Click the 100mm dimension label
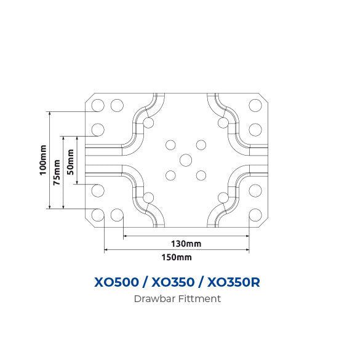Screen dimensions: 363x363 coord(43,160)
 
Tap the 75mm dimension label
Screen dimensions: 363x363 coord(57,172)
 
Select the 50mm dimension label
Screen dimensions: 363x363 coord(70,162)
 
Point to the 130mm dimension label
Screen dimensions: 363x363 coord(186,244)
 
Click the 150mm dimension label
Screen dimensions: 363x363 coord(177,257)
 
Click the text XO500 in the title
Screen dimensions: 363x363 coord(116,282)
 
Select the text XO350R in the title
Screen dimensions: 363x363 coord(233,282)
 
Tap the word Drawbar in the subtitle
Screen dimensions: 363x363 coord(154,298)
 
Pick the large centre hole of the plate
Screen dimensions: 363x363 coord(186,160)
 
